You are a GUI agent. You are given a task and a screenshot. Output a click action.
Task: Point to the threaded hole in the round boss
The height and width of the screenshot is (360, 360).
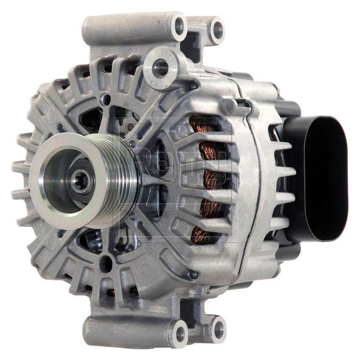160,68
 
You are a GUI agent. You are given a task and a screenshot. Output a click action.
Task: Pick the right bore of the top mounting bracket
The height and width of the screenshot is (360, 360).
218,29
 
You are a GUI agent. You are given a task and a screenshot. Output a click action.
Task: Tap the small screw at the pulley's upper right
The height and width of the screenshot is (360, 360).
133,144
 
